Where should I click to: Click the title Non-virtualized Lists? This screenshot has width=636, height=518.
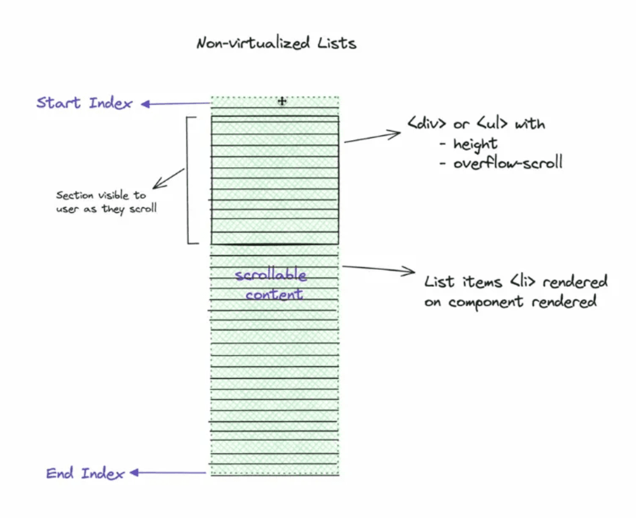coord(276,43)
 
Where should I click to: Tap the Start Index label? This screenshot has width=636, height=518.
coord(84,103)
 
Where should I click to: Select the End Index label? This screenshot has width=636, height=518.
coord(85,473)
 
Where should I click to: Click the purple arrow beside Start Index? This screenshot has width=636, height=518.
coord(175,104)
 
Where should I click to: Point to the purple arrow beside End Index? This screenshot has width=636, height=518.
coord(169,473)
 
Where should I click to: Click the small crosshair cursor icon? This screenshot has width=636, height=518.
coord(281,101)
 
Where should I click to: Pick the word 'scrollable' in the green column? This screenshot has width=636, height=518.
coord(271,276)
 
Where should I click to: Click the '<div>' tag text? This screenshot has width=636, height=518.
coord(427,124)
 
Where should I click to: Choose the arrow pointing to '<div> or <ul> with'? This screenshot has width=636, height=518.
coord(372,137)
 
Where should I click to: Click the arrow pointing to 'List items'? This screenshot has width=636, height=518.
coord(378,269)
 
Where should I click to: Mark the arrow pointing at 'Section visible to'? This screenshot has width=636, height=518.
coord(170,178)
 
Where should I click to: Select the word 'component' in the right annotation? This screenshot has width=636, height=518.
coord(489,301)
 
